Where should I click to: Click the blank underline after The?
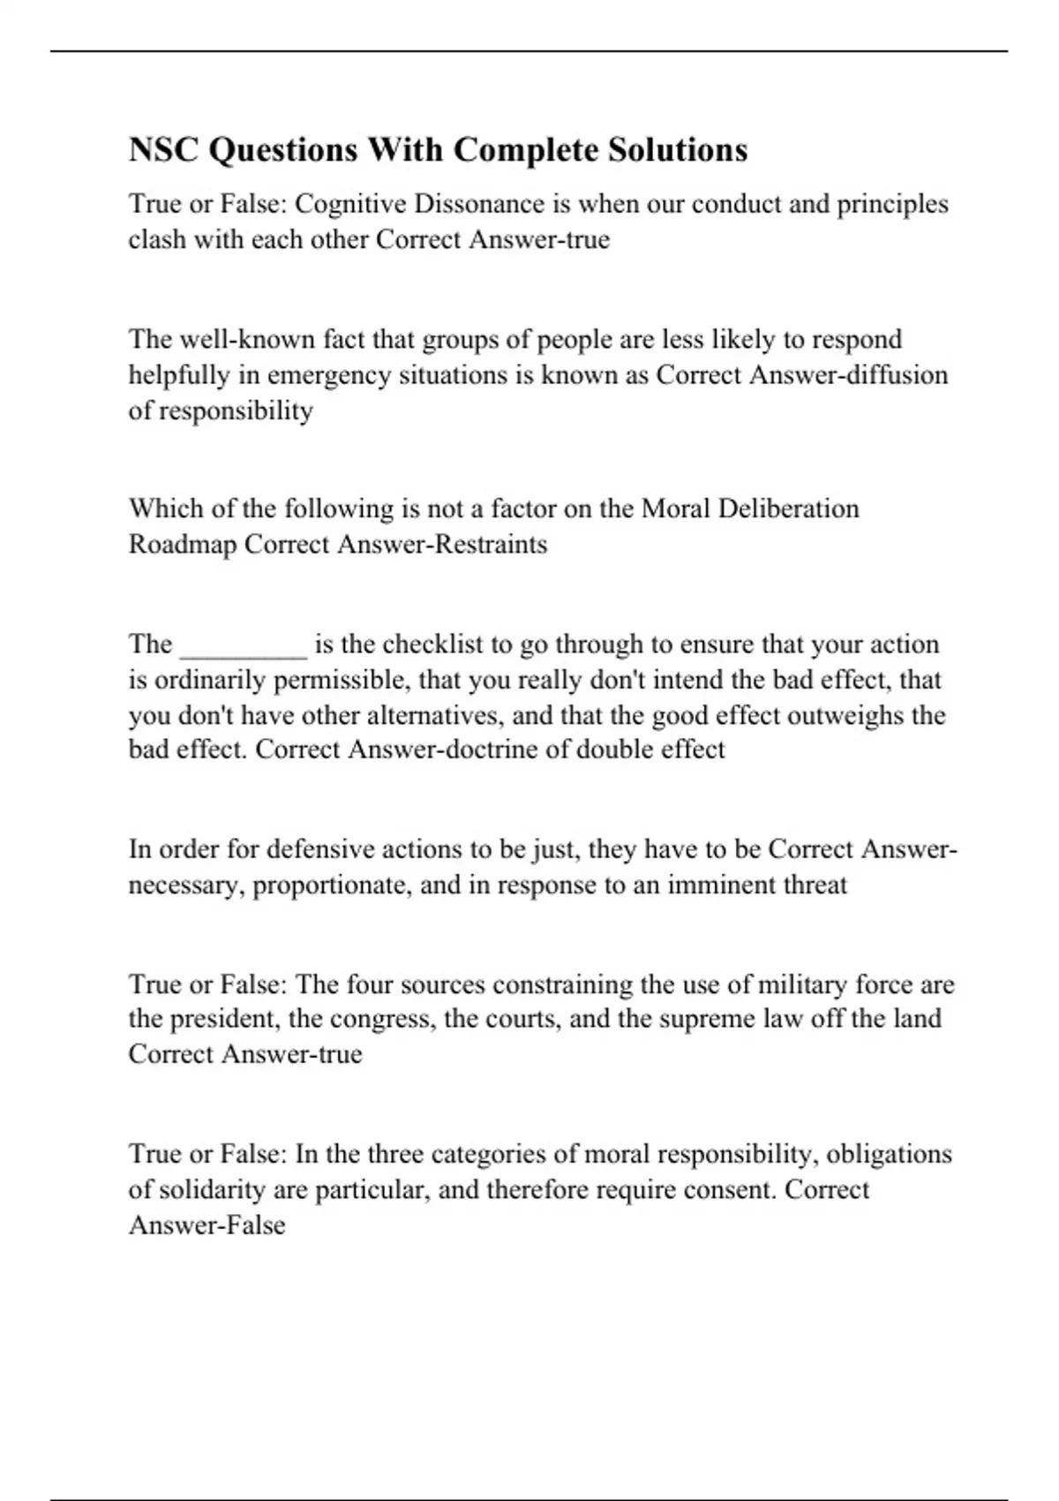(244, 645)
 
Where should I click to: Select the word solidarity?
(212, 1190)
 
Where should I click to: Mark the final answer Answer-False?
(207, 1226)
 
